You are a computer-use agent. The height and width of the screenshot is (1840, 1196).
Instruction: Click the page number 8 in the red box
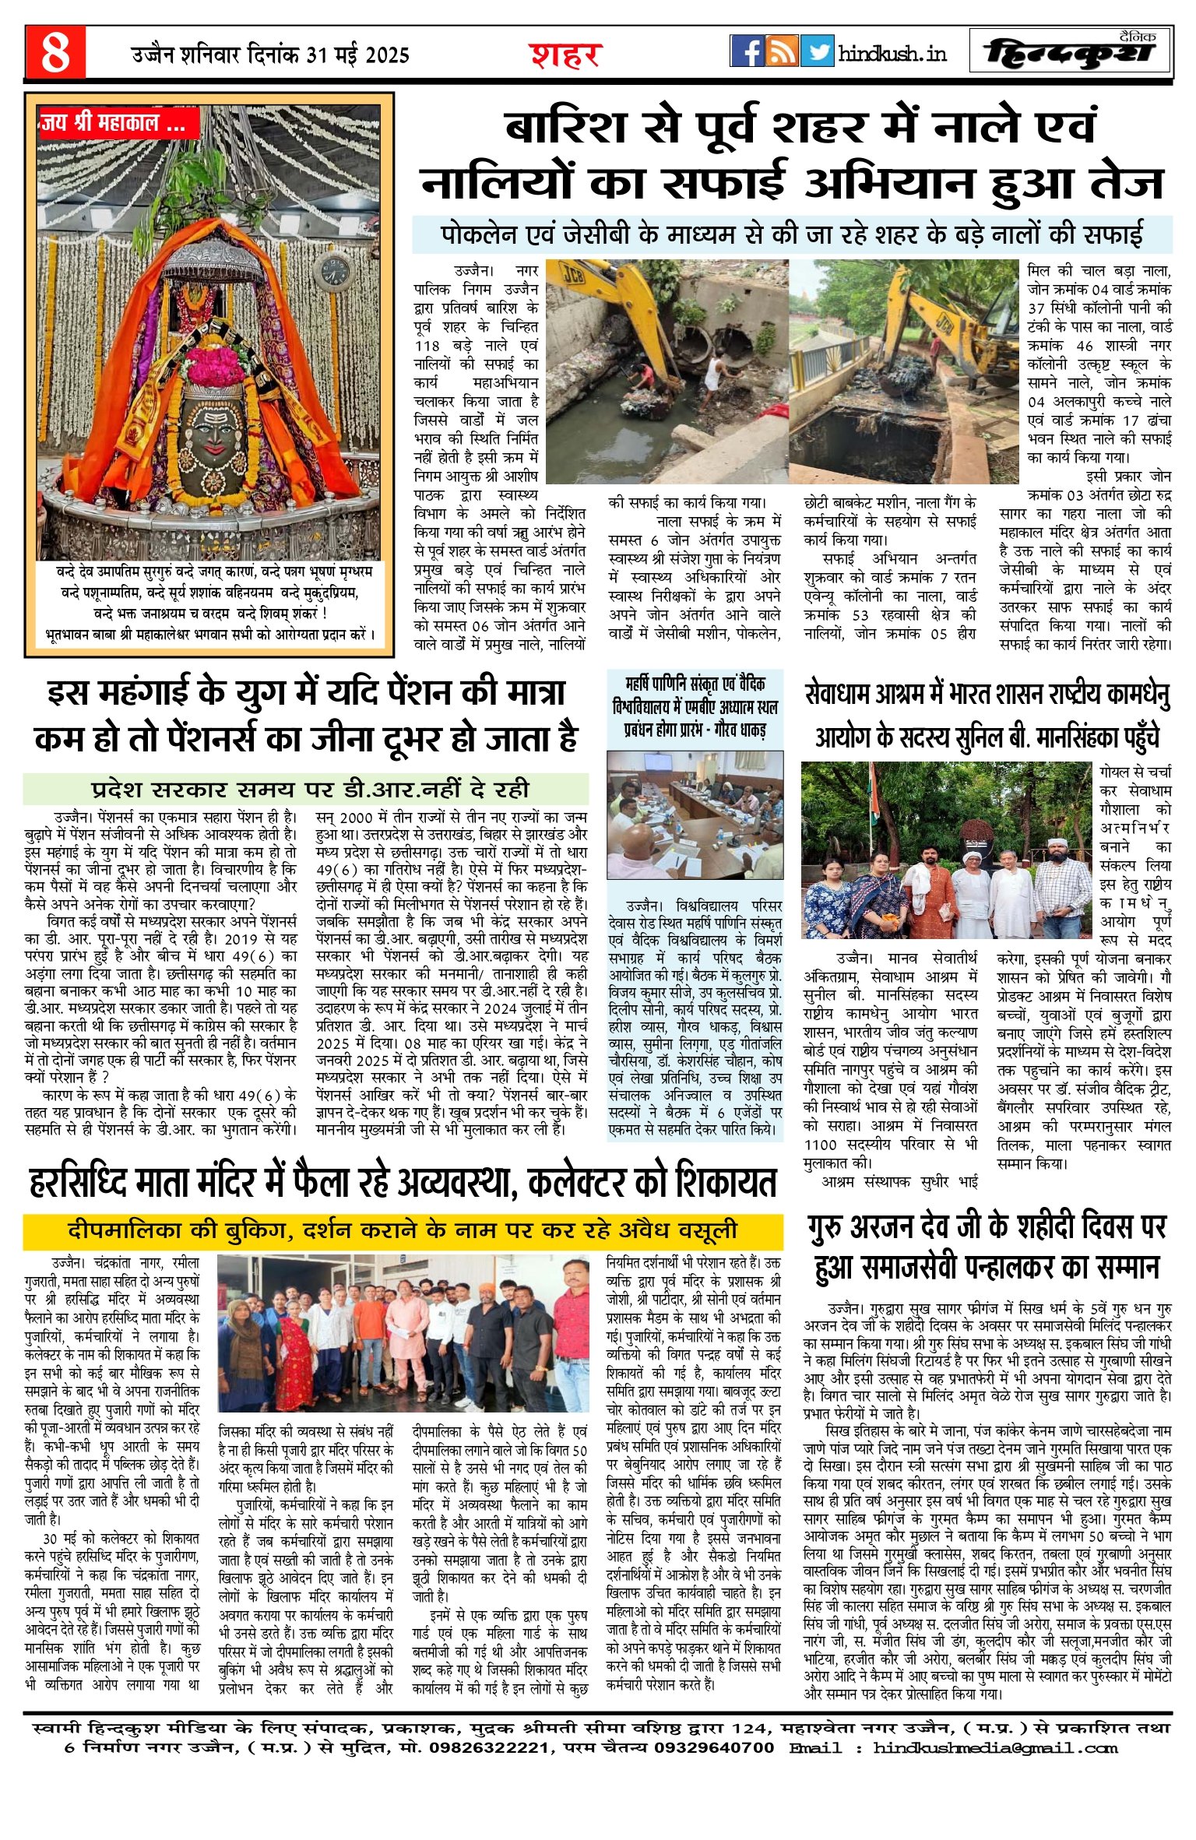[x=55, y=53]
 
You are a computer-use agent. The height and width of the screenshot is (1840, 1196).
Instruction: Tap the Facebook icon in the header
[x=747, y=51]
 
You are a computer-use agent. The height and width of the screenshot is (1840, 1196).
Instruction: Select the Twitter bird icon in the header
[x=818, y=51]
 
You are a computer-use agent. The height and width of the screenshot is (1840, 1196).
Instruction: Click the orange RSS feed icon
[x=783, y=51]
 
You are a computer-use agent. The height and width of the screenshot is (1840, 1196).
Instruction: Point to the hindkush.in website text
[x=892, y=54]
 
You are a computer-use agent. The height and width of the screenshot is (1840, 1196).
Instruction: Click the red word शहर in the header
[x=565, y=55]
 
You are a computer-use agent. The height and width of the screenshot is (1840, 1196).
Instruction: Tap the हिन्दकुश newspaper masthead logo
[x=1070, y=53]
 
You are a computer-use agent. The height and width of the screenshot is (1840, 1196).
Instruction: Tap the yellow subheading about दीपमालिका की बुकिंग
[x=402, y=1230]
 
